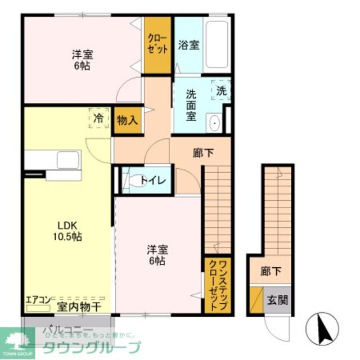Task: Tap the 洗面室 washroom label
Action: click(191, 106)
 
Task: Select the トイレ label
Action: click(152, 181)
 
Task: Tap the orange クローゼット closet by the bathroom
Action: click(158, 44)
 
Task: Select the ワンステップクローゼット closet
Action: click(217, 285)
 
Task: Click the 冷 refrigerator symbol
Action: click(98, 119)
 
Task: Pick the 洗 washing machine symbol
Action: click(221, 89)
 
